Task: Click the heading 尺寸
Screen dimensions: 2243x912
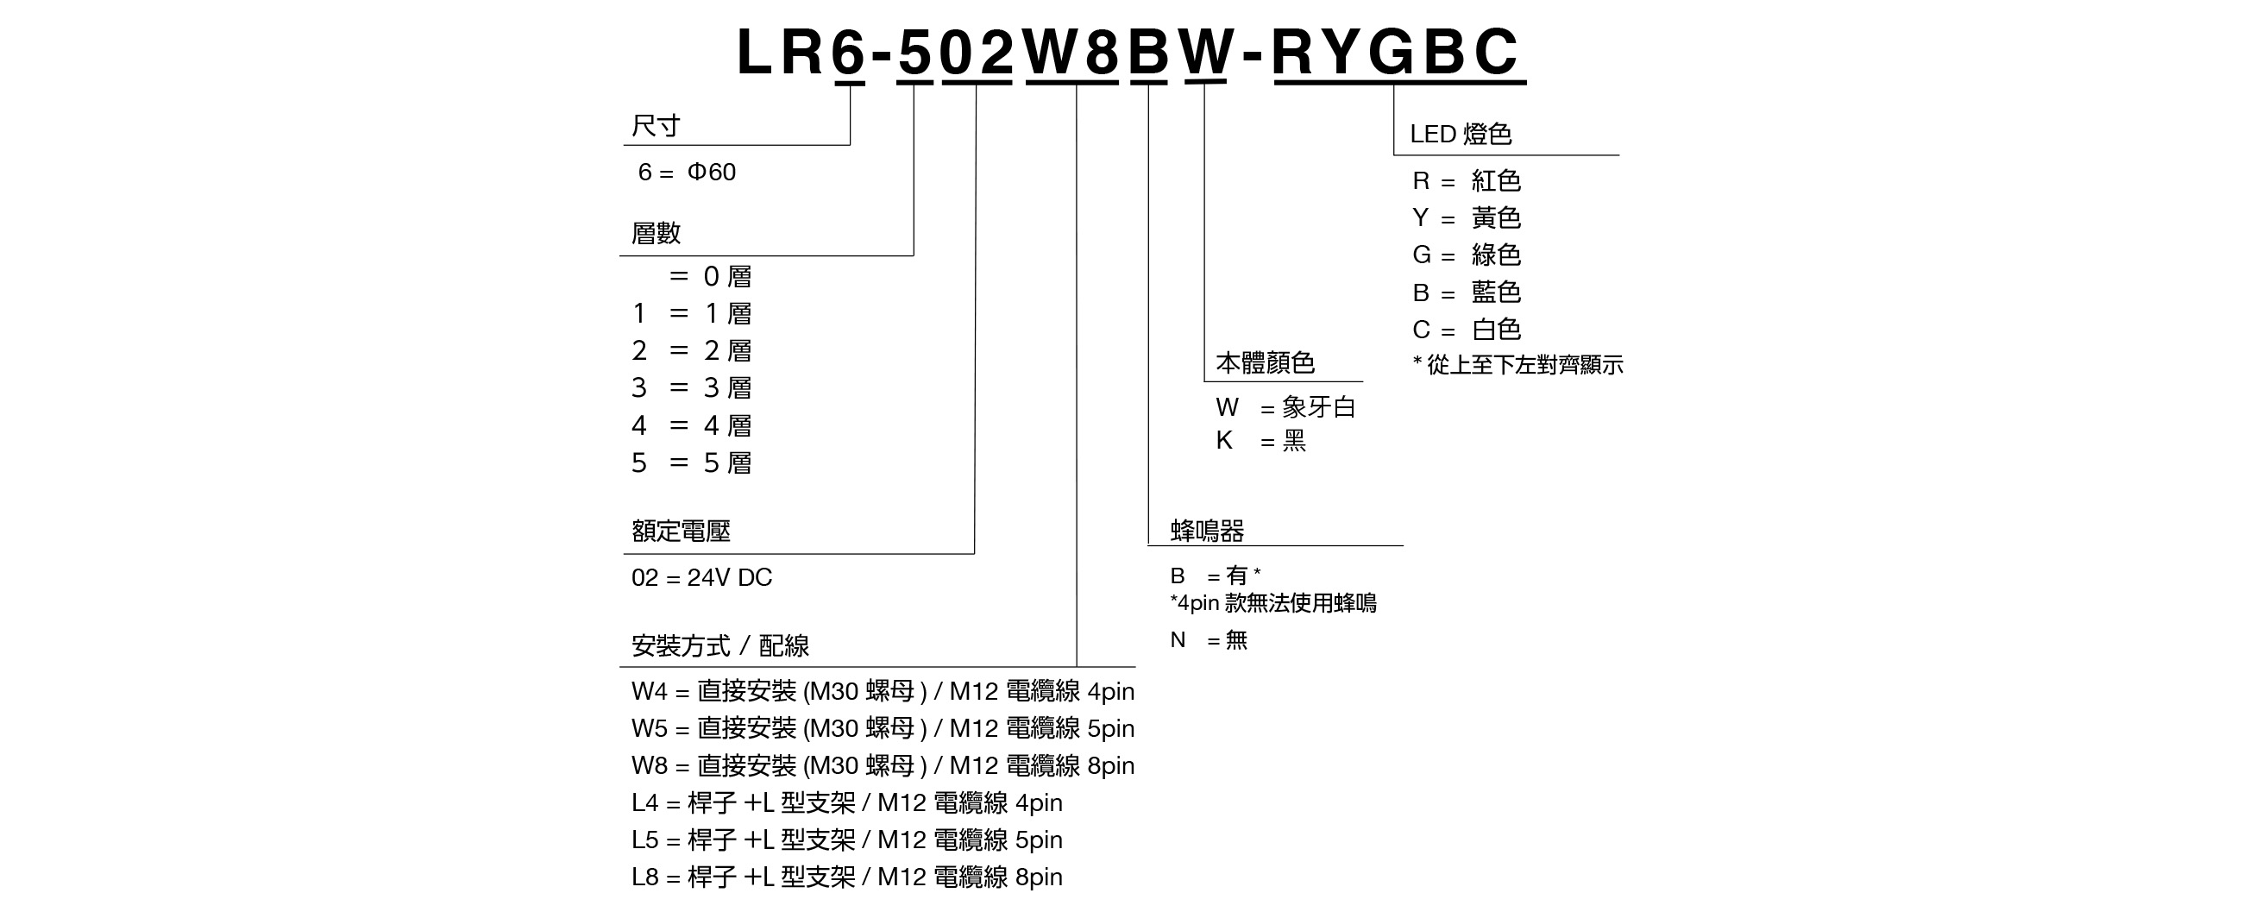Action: coord(656,126)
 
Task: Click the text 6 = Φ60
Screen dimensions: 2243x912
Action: coord(687,172)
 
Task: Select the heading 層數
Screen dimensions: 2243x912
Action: coord(656,233)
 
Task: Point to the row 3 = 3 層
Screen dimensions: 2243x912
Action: coord(691,387)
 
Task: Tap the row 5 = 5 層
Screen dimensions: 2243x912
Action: coord(691,462)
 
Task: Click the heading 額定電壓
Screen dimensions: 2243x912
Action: coord(681,531)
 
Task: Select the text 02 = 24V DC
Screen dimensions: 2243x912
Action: coord(702,577)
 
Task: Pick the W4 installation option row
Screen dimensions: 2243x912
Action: coord(883,692)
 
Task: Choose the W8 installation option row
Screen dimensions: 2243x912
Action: coord(883,765)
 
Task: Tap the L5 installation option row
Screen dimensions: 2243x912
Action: coord(847,840)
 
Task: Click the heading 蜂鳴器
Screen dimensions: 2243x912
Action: coord(1207,530)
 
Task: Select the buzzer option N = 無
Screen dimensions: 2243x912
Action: coord(1209,640)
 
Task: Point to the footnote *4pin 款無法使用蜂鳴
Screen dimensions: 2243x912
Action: coord(1273,603)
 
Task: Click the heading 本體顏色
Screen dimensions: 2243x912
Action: coord(1266,362)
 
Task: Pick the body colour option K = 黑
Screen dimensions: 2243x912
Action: coord(1260,441)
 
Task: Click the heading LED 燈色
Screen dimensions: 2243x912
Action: coord(1461,134)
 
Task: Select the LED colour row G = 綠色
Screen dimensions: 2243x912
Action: coord(1467,255)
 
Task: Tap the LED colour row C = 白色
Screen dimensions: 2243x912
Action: coord(1467,330)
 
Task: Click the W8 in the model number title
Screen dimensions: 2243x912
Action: coord(1071,52)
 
